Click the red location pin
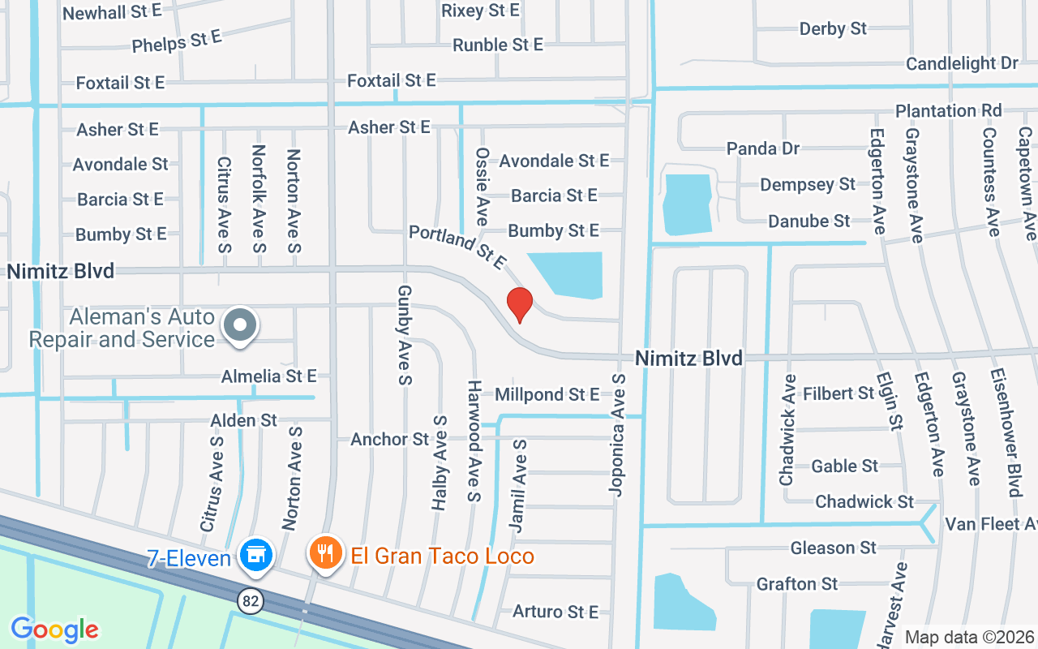(x=519, y=304)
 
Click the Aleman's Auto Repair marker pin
(x=239, y=326)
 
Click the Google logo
(x=54, y=629)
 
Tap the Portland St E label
(x=457, y=247)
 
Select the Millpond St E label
(x=547, y=395)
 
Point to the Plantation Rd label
(x=949, y=110)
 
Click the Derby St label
(x=833, y=29)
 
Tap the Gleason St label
(x=834, y=548)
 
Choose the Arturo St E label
(x=555, y=612)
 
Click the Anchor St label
(x=389, y=440)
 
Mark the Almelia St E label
(x=269, y=376)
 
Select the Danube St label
(x=809, y=221)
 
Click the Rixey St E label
(x=480, y=11)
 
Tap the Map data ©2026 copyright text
(x=969, y=638)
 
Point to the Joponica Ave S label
(x=618, y=434)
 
